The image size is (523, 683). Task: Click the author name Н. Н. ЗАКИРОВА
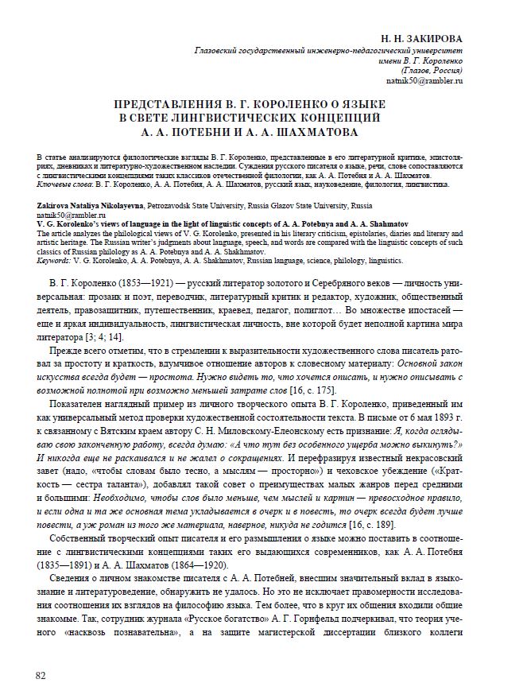point(421,37)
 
